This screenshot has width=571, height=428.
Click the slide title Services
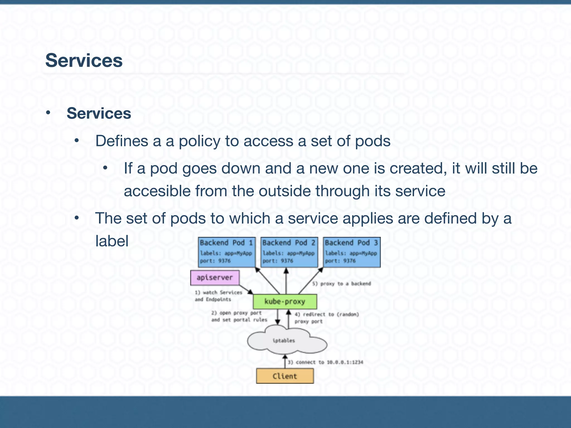click(84, 60)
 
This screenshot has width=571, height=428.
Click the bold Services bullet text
click(99, 113)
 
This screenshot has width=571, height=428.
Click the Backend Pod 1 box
click(226, 252)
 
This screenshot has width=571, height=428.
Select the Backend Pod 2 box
click(289, 252)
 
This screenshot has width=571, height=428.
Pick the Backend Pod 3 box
click(351, 252)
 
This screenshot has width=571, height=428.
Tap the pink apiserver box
click(214, 278)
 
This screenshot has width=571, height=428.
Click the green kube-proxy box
click(285, 301)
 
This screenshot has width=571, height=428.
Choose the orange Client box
click(285, 376)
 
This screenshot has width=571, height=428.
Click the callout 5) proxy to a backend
click(342, 284)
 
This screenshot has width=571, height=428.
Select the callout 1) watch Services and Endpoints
click(218, 296)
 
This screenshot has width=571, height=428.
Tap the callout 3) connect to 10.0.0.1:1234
click(325, 362)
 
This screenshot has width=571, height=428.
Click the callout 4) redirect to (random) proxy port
click(326, 318)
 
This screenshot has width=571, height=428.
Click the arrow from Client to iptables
click(285, 361)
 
